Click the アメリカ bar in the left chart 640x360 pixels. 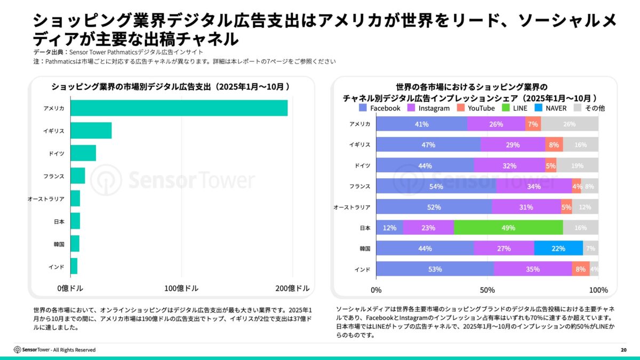179,108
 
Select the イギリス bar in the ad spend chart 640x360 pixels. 91,131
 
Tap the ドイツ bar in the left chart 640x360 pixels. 83,153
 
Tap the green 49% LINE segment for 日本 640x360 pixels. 508,228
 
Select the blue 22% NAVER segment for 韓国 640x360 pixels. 558,249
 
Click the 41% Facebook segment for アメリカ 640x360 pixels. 422,124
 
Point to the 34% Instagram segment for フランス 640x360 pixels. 534,186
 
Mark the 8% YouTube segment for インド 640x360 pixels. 581,269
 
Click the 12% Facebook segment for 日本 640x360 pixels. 389,228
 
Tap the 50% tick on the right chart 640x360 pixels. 487,290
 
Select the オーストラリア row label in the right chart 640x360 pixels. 351,207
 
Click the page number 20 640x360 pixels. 623,350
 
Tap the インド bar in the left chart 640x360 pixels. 74,266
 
